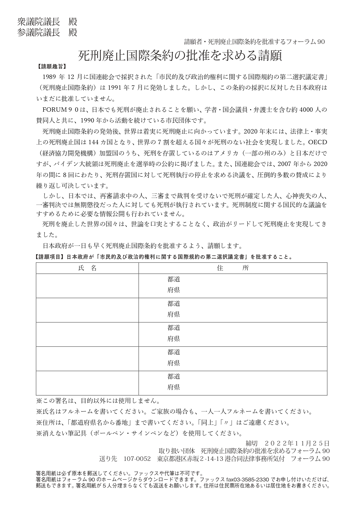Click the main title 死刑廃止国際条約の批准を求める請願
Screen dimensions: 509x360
180,56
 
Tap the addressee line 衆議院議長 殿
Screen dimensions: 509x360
47,22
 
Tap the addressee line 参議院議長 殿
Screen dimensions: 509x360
47,33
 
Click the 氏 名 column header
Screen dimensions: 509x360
87,268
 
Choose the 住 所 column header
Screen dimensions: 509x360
233,268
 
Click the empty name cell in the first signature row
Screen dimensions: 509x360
87,286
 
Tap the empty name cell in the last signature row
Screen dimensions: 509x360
87,383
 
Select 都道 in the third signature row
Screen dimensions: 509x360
174,328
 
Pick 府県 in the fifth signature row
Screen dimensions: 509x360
174,387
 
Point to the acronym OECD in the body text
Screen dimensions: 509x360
317,142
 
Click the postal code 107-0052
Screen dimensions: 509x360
137,459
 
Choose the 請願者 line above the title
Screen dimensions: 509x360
254,42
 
